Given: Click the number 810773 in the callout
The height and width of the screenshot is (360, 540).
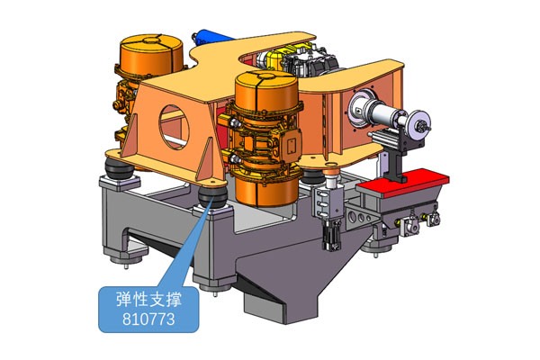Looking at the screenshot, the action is tap(148, 319).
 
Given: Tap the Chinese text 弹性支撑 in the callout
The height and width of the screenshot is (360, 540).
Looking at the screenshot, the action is tap(148, 299).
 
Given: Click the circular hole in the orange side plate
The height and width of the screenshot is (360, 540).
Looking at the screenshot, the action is tap(174, 127).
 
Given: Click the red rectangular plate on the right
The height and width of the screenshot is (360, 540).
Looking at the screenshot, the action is tap(403, 184).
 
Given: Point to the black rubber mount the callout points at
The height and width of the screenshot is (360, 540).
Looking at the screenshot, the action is tap(212, 198).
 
